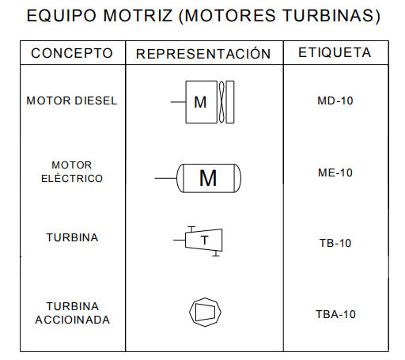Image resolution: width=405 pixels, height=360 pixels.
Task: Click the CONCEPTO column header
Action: [72, 53]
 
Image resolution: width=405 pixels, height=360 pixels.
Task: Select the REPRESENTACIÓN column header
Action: [203, 53]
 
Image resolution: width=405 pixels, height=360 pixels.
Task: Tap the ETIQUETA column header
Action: [335, 52]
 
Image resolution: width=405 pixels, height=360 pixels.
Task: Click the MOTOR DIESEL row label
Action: [72, 100]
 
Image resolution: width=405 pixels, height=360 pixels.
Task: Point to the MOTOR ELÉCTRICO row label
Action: [72, 172]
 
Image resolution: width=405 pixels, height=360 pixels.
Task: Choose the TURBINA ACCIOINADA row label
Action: [73, 313]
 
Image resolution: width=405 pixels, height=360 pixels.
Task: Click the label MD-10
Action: [335, 100]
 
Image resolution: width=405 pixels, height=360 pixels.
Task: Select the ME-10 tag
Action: [335, 172]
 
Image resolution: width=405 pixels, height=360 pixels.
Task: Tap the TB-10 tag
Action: [335, 243]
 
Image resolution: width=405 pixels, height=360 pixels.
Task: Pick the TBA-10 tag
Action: [335, 314]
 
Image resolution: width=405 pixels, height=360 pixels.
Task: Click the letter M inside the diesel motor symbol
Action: [200, 102]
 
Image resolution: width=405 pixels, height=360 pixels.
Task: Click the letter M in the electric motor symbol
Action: [208, 178]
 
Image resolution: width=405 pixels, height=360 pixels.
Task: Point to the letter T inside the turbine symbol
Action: [205, 241]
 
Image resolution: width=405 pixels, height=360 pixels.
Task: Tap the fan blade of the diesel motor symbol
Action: [221, 102]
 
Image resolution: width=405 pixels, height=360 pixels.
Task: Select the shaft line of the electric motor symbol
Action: [165, 178]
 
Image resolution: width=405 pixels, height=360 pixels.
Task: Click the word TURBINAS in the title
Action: [331, 15]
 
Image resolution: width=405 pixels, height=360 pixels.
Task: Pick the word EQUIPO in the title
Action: [62, 15]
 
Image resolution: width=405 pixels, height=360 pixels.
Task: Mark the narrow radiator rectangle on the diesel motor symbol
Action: [230, 102]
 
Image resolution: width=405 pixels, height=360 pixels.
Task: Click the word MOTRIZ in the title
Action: [138, 15]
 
